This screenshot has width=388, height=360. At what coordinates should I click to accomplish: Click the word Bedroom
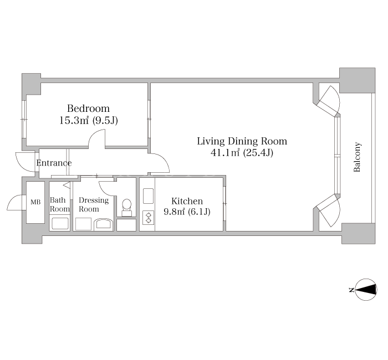88,109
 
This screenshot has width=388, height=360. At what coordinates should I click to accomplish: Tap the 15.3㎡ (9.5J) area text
89,120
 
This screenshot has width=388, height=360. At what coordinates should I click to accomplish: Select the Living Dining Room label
242,141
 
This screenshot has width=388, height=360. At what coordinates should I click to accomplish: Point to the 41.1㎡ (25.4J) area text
242,153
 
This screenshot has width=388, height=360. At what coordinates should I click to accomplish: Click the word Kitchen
187,201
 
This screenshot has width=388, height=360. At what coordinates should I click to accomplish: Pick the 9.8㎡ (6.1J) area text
187,212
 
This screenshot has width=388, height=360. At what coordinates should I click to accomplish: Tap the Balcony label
357,157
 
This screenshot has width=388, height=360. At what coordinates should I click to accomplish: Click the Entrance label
54,163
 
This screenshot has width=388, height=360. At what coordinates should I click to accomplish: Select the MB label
35,202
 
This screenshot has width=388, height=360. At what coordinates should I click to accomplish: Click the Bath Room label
60,204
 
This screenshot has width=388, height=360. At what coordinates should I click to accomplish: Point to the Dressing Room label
94,204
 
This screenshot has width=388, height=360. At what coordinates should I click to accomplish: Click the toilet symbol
127,208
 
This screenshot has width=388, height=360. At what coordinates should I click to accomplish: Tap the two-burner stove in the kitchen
149,218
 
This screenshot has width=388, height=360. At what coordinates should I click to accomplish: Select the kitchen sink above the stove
148,196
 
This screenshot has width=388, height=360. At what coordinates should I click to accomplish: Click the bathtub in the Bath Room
60,224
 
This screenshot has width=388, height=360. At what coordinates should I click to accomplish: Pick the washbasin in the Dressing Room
104,224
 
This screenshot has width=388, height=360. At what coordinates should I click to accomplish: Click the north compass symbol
366,290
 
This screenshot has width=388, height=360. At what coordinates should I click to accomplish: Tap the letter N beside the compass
351,290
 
